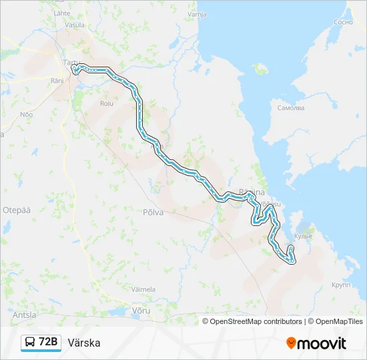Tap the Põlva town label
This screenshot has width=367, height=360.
click(153, 212)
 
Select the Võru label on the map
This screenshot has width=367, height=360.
click(141, 311)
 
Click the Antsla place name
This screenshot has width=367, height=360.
click(25, 315)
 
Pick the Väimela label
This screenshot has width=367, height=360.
click(143, 289)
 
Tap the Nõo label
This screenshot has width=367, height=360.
click(27, 115)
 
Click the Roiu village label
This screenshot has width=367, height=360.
click(106, 103)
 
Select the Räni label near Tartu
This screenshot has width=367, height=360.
click(56, 80)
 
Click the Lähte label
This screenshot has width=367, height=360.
click(61, 13)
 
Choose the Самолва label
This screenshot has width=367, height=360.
click(291, 107)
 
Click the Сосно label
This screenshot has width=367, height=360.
click(342, 22)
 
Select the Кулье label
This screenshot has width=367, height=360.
click(304, 236)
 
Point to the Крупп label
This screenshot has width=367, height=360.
click(341, 284)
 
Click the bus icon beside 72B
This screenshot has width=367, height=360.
click(30, 343)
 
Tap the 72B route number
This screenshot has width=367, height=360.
click(49, 343)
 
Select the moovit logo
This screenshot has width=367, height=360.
click(316, 343)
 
